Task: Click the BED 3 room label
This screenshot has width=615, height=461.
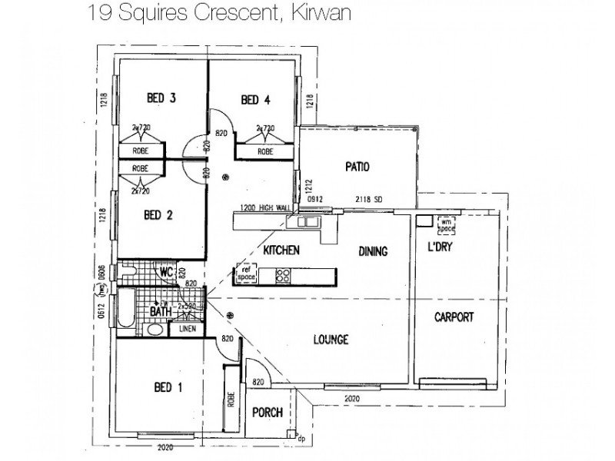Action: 162,98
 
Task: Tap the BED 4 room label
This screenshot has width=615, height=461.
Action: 256,99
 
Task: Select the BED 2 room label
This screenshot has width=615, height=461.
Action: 158,215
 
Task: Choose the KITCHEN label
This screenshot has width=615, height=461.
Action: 281,251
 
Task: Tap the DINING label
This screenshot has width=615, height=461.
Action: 372,251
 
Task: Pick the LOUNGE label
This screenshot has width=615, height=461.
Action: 332,340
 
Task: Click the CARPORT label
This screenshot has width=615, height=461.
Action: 454,317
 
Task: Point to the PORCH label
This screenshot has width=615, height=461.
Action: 268,413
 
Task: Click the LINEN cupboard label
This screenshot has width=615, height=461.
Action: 188,329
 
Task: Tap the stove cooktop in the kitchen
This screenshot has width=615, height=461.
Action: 283,274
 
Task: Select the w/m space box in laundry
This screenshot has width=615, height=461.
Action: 447,224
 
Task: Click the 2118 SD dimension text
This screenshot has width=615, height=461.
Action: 370,199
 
